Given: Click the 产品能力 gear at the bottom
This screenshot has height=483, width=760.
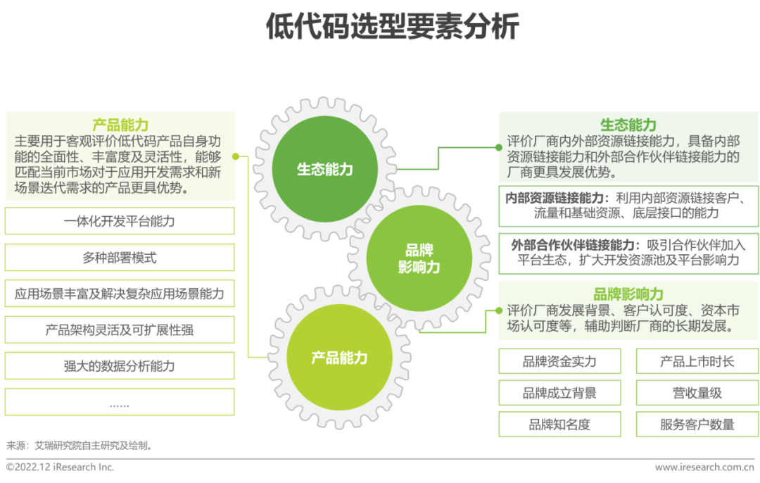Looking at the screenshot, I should click(x=339, y=357).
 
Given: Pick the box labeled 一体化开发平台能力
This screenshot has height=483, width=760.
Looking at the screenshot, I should click(x=120, y=221).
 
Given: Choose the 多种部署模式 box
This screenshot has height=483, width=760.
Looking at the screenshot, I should click(x=120, y=258).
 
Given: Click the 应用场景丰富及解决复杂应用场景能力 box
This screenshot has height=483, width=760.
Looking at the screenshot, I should click(x=120, y=294).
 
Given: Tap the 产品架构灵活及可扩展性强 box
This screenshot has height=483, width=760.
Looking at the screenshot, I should click(x=120, y=330).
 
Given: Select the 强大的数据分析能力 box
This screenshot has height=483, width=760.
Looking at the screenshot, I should click(x=120, y=366).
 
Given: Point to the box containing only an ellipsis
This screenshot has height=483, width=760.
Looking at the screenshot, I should click(x=120, y=403).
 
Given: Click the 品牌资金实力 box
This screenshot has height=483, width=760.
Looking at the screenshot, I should click(x=559, y=362).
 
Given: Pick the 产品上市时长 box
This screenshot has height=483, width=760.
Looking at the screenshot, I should click(x=697, y=362).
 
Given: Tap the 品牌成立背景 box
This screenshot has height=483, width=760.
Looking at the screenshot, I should click(x=559, y=393).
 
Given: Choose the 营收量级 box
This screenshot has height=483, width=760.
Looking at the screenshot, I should click(x=697, y=393).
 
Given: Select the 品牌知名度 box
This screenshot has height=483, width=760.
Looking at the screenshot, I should click(x=559, y=425).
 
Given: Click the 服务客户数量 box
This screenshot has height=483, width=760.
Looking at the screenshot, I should click(x=697, y=425).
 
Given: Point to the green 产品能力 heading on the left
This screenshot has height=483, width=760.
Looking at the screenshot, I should click(x=120, y=125).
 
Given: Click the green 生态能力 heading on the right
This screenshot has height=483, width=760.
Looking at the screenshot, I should click(x=628, y=125).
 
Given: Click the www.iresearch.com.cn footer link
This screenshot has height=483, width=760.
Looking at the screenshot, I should click(x=704, y=468).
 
